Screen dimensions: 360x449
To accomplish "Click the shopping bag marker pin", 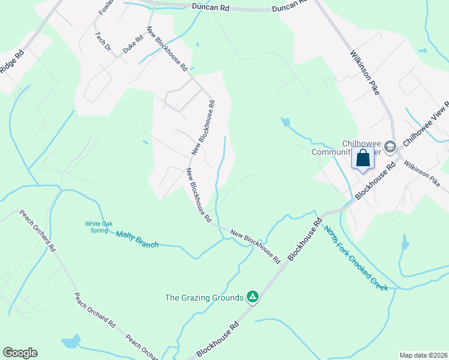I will tap(363, 160).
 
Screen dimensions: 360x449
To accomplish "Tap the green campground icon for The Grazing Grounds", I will tap(253, 297).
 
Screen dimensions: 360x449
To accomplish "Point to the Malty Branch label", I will tap(137, 239).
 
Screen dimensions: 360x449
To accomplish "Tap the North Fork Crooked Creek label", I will tap(356, 257).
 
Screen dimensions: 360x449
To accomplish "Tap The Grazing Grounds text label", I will tap(204, 297).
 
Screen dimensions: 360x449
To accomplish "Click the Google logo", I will tap(20, 353).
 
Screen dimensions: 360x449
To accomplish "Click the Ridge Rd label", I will tap(11, 61).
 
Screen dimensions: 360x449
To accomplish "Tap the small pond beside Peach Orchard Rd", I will tap(71, 341).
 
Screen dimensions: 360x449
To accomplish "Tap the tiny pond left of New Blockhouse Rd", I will tap(145, 143).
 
